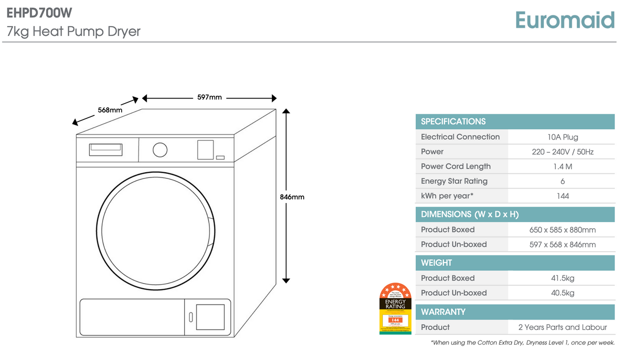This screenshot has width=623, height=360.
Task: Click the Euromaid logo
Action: (564, 21)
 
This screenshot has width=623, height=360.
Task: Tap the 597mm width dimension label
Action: (209, 97)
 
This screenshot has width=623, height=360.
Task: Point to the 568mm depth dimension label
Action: (110, 110)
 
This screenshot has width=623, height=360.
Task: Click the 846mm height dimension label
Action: (292, 197)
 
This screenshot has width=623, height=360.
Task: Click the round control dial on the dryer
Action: (160, 150)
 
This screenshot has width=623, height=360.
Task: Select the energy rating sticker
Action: (395, 309)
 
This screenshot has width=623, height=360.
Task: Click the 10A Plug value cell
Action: (562, 137)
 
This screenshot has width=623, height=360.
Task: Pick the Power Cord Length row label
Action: (456, 166)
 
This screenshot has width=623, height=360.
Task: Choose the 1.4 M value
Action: (562, 167)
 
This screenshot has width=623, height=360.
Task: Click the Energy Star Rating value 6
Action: (562, 181)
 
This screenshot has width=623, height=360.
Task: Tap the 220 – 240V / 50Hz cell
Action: (562, 152)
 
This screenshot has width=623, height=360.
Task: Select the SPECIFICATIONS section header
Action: (453, 122)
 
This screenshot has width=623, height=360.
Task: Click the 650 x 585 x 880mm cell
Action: (562, 230)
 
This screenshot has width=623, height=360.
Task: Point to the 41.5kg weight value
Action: (562, 278)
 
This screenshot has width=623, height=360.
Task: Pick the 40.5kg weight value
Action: (562, 293)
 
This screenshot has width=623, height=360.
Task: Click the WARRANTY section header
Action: (443, 312)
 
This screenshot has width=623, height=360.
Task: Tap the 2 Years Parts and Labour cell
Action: (562, 327)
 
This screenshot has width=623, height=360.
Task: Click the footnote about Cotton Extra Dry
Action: (522, 343)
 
